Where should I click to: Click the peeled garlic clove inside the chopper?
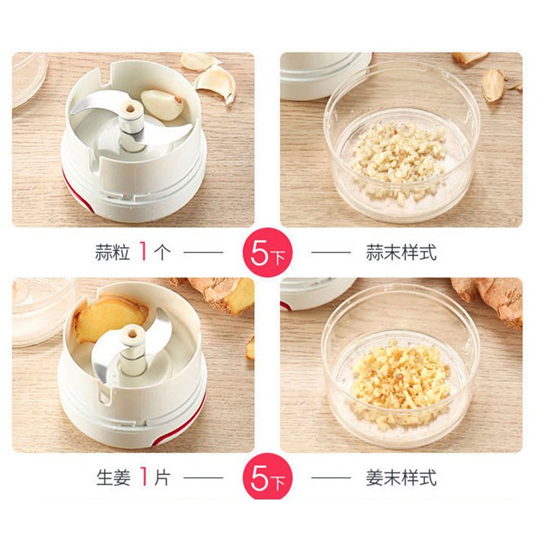point(162,105)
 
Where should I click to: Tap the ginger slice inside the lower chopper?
point(110,317)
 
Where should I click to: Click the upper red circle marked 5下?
point(267,252)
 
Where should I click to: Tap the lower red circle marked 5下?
point(267,477)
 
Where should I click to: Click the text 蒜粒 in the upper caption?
point(112,252)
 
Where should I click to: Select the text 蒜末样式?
point(401,252)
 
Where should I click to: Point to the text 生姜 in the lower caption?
point(113,478)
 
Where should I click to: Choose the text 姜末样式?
point(401,478)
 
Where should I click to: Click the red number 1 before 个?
point(143,252)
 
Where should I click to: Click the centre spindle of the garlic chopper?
point(131,125)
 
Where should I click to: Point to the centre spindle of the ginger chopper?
point(132,351)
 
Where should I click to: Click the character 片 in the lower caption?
point(162,478)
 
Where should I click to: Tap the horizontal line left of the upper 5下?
point(203,252)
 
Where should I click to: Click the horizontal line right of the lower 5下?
point(331,478)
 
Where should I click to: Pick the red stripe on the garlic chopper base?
point(77,192)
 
